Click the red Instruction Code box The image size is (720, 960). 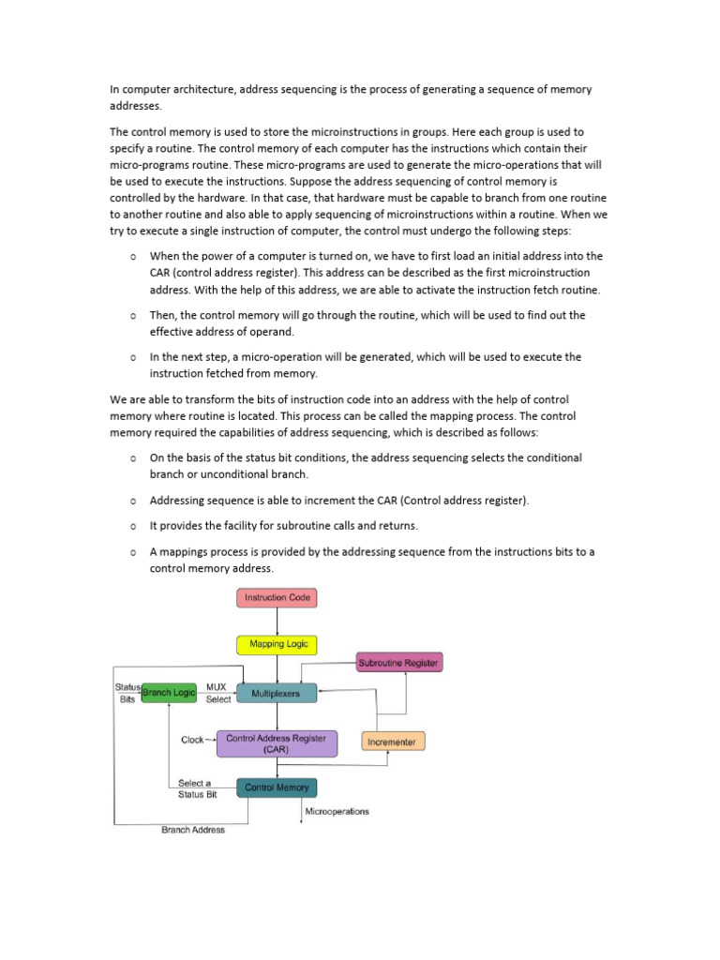point(277,597)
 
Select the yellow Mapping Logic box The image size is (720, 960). point(277,644)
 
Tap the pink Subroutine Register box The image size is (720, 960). point(398,663)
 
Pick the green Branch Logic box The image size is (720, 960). point(169,692)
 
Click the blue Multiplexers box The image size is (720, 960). point(277,693)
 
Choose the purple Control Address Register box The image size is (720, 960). point(277,743)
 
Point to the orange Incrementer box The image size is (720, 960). point(393,742)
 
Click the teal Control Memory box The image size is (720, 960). point(277,787)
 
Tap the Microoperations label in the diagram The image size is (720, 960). point(337,811)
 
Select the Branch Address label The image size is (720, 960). point(193,830)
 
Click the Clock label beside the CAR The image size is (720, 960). point(192,740)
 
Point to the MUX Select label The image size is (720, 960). point(217,693)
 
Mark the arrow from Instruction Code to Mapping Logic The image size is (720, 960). point(277,621)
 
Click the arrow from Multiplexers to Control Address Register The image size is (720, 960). point(277,717)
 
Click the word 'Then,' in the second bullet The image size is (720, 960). point(163,315)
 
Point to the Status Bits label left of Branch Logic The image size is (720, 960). point(127,693)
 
